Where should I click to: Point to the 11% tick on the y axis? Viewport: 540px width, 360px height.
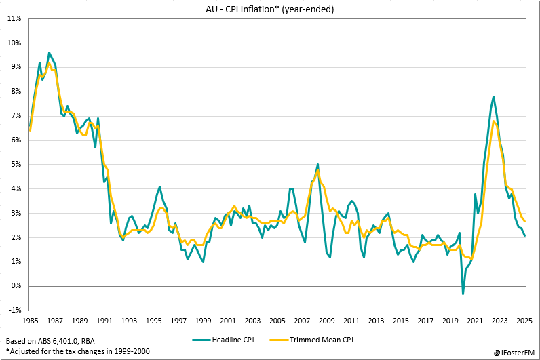[14, 18]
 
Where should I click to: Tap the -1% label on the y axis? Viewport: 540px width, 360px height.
[14, 311]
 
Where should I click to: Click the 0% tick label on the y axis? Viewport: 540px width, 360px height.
[16, 286]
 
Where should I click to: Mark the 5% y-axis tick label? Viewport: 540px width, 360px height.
[16, 164]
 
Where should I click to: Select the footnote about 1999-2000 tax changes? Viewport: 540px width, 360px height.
[77, 351]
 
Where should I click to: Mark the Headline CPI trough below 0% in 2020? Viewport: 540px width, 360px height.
[463, 294]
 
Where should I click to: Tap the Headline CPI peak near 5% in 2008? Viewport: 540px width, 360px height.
[317, 164]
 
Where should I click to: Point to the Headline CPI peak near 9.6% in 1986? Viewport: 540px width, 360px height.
[49, 52]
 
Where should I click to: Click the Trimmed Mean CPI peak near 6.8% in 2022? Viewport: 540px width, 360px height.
[494, 121]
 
